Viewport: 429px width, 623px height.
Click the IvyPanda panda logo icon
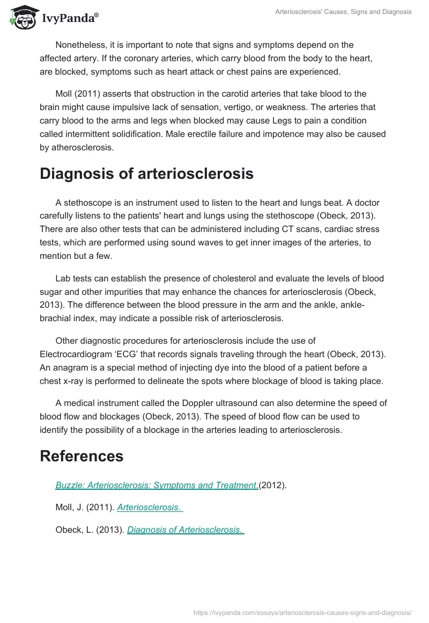point(21,17)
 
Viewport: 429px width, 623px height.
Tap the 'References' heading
point(82,456)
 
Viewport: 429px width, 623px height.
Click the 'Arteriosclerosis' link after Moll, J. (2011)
point(150,508)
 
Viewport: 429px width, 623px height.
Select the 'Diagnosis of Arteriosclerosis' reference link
point(186,530)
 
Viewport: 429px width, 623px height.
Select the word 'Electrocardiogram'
point(75,356)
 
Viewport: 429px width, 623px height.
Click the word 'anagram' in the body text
point(67,367)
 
